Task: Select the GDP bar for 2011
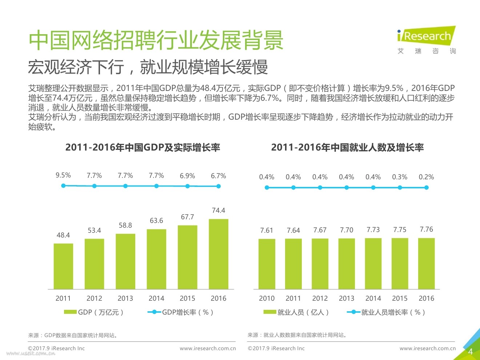pos(63,266)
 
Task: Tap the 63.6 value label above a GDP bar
pos(156,221)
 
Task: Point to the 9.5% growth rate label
pos(63,175)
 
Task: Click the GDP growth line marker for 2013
pos(125,186)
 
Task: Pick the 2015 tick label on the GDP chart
pos(187,298)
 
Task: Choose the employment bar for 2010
pos(267,264)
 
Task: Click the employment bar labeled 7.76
pos(426,263)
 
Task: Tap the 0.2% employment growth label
pos(426,177)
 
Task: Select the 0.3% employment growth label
pos(400,177)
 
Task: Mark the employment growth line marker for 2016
pos(427,188)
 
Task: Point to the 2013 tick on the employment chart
pos(347,298)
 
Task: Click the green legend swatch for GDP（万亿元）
pos(70,312)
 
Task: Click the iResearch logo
pos(426,36)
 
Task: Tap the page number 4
pos(470,351)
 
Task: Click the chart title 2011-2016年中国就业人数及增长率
pos(347,148)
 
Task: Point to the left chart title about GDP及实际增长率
pos(143,148)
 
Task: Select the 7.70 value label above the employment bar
pos(347,230)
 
